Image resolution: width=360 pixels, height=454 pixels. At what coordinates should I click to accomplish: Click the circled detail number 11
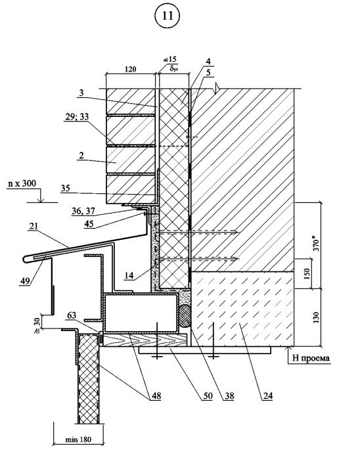[x=168, y=16]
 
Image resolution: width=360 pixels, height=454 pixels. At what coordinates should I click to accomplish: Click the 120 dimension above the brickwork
[x=130, y=70]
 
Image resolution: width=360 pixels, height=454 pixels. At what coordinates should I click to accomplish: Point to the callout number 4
[x=208, y=62]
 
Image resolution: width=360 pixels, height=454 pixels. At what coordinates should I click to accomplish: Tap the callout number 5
[x=208, y=73]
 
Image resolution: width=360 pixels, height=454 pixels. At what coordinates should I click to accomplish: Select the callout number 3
[x=81, y=93]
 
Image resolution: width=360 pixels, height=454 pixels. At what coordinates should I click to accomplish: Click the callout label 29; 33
[x=77, y=117]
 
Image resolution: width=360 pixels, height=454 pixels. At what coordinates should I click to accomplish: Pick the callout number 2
[x=81, y=155]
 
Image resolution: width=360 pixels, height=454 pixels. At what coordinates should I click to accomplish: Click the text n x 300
[x=22, y=183]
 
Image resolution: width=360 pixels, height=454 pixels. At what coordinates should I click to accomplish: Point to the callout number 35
[x=66, y=188]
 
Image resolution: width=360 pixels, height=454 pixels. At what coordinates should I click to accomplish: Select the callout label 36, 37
[x=83, y=212]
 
